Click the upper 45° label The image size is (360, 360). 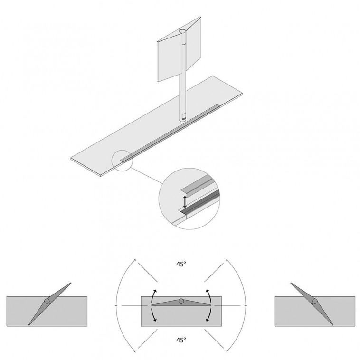(x=181, y=264)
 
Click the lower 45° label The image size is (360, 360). (x=181, y=340)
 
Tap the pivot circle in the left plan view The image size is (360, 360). (x=47, y=301)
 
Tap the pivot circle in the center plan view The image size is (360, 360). (x=181, y=301)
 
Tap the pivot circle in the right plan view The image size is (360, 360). (x=315, y=301)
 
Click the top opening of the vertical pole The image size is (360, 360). (x=183, y=31)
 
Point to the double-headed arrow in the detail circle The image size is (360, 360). (x=185, y=202)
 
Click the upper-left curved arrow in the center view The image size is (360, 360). (x=153, y=297)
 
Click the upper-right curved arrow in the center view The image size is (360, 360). (x=209, y=297)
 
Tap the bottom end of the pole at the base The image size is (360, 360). (x=183, y=119)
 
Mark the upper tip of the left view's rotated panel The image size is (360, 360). (x=70, y=284)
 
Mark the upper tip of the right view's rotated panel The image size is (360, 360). (x=291, y=284)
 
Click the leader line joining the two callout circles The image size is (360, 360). (x=146, y=176)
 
